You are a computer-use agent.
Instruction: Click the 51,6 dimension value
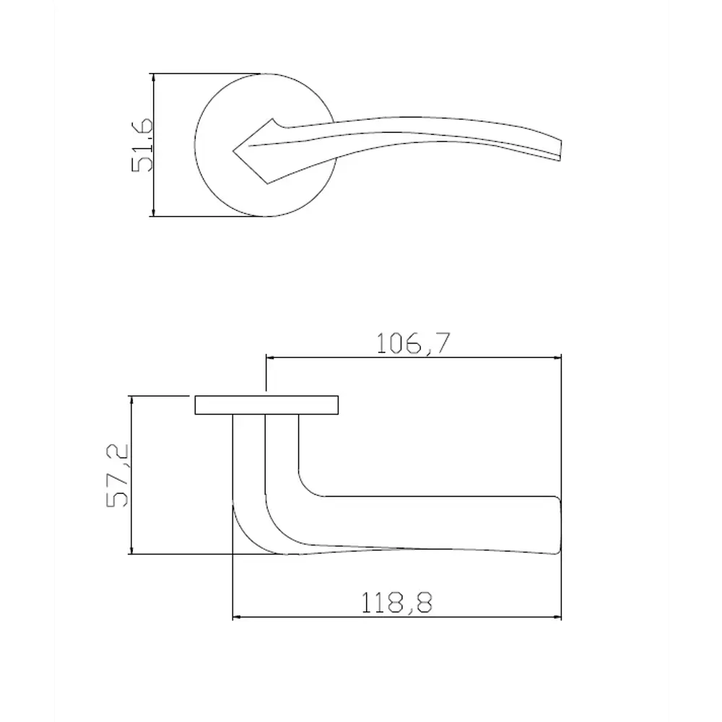(x=142, y=145)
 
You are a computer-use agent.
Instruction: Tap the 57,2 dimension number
(x=117, y=476)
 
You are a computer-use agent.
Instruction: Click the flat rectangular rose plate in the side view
(x=267, y=405)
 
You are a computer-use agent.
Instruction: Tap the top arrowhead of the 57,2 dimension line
(x=131, y=399)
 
